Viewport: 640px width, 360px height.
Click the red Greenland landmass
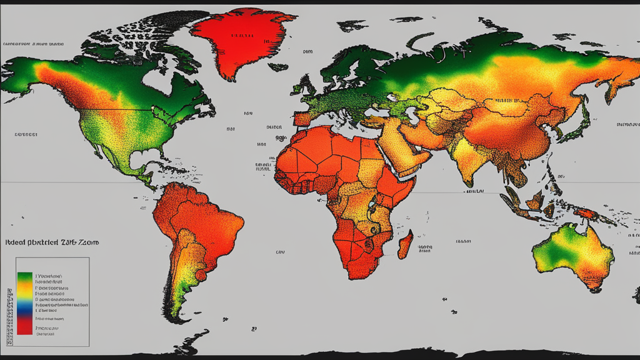[241, 41]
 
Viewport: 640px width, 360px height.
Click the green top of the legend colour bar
[25, 277]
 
